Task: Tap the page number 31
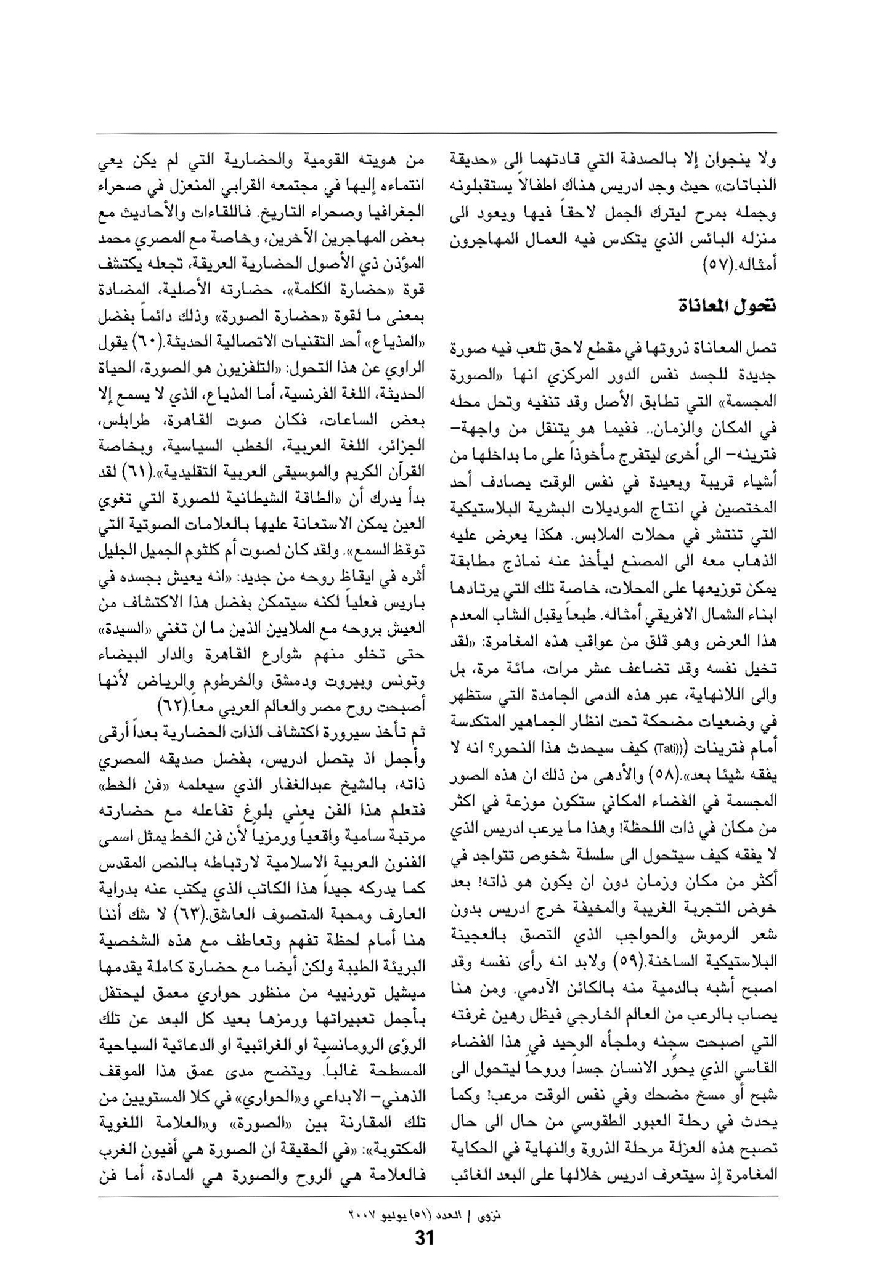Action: [425, 1237]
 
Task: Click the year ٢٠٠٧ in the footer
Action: [361, 1217]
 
